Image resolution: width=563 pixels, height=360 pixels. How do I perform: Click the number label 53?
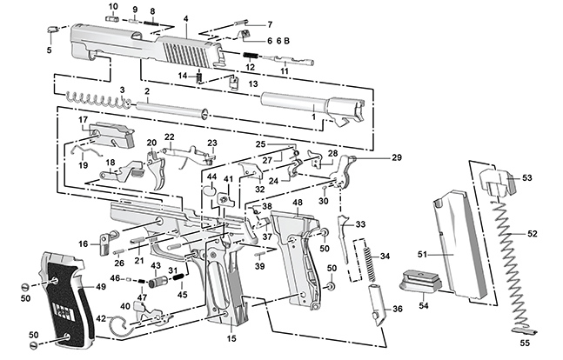527,177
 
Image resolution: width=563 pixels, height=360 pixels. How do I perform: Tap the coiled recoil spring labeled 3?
96,100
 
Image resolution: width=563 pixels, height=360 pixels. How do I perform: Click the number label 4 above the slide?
185,18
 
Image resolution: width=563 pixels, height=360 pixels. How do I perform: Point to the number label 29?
397,157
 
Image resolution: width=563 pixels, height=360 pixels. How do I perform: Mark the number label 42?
102,318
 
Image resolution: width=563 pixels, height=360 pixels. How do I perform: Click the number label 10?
112,7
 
